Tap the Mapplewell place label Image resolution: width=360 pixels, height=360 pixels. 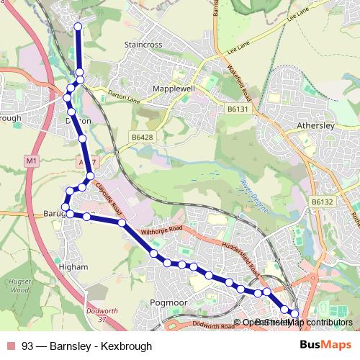coord(174,89)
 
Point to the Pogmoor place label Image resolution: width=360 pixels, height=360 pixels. coord(168,303)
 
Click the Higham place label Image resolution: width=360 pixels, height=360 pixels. coord(76,266)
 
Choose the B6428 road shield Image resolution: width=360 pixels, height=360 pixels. coord(142,135)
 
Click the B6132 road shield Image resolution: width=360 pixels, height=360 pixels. coord(322,203)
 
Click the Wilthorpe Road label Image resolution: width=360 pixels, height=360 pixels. coord(163,232)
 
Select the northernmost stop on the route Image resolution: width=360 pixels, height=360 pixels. coord(78,28)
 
